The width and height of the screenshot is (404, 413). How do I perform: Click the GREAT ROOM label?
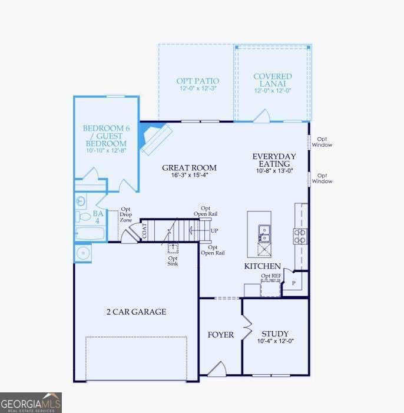click(190, 168)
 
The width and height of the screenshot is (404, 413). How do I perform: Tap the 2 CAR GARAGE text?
click(136, 312)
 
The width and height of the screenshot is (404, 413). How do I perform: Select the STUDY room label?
click(275, 333)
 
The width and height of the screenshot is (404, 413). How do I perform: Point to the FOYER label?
click(221, 335)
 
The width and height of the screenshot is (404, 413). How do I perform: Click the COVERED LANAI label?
click(272, 80)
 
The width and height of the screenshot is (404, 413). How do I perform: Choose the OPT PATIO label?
click(198, 81)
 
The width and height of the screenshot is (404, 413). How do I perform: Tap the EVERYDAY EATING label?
click(274, 160)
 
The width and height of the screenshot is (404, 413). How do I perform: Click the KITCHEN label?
click(262, 266)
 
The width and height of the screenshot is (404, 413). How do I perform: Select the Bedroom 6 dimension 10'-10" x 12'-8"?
click(105, 151)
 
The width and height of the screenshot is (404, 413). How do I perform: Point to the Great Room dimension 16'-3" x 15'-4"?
click(190, 176)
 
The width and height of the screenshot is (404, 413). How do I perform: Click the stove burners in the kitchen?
click(300, 236)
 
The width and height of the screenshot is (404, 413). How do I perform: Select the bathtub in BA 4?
click(90, 233)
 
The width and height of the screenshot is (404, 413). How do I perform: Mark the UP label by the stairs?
click(214, 230)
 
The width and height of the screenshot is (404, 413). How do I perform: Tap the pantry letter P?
click(293, 283)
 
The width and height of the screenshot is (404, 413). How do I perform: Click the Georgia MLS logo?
click(31, 402)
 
